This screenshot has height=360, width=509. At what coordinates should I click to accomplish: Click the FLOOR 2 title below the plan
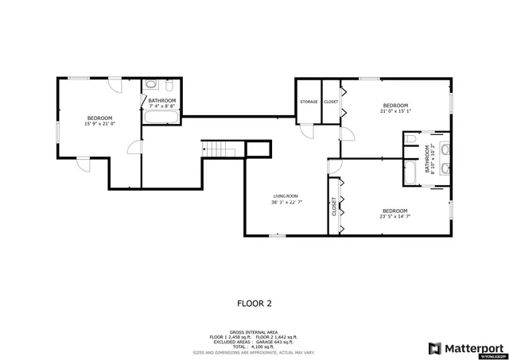(x=254, y=303)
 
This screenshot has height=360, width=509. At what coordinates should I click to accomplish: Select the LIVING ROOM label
(x=285, y=196)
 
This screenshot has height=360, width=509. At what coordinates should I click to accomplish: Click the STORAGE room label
(x=309, y=102)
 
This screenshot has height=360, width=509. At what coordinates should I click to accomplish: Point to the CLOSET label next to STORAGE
(x=330, y=102)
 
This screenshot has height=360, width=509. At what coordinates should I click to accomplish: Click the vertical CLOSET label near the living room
(x=334, y=206)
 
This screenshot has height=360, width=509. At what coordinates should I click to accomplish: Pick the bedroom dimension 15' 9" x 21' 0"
(x=100, y=124)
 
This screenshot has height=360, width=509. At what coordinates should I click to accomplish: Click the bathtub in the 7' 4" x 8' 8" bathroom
(x=162, y=118)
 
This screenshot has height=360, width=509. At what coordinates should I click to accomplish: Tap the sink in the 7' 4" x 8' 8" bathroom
(x=173, y=84)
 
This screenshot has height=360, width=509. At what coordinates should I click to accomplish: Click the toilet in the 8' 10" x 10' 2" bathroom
(x=410, y=139)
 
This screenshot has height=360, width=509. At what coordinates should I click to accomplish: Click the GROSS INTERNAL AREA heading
(x=254, y=333)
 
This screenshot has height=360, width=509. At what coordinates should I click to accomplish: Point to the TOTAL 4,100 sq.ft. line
(x=254, y=347)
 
